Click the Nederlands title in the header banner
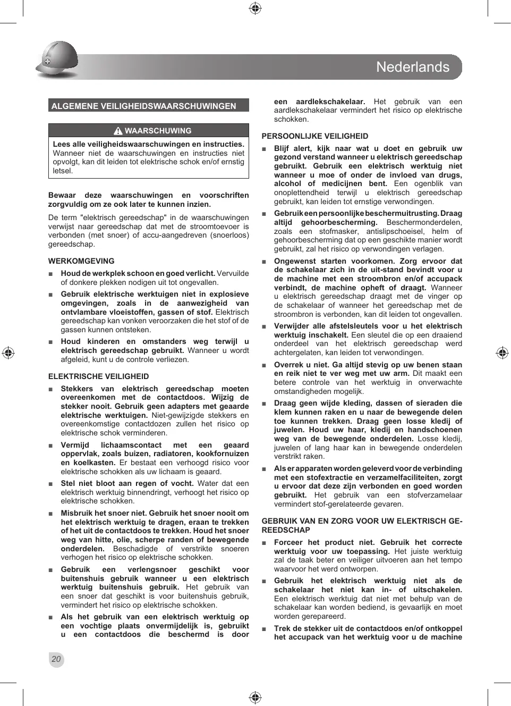pos(412,67)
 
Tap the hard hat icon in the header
pos(57,60)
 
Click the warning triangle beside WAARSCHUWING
pos(118,131)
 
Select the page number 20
pos(56,659)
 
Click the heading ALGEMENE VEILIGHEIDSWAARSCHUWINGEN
pos(143,106)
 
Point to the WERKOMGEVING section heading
pos(81,261)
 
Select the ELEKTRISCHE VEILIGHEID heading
pos(99,376)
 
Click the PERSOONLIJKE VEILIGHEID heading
pos(314,136)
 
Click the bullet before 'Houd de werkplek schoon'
pos(50,274)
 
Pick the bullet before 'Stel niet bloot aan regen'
pos(50,484)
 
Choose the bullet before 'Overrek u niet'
pos(264,365)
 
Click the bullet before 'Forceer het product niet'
pos(264,543)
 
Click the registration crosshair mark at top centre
pos(255,8)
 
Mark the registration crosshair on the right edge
pos(502,352)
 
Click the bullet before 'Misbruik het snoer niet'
pos(50,514)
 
